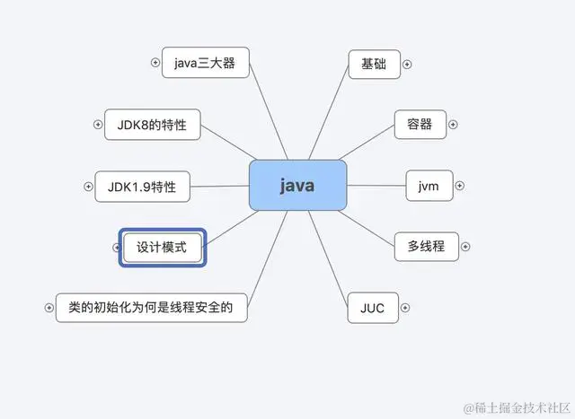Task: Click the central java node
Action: tap(296, 186)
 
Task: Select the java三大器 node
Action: tap(204, 64)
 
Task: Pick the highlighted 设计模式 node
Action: tap(162, 247)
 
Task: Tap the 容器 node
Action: tap(420, 124)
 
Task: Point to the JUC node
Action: tap(372, 308)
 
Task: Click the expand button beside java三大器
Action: tap(155, 63)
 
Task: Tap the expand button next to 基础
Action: tap(407, 65)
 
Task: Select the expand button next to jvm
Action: tap(459, 186)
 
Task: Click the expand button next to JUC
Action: tap(405, 308)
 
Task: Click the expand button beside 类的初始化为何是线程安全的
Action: tap(49, 307)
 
